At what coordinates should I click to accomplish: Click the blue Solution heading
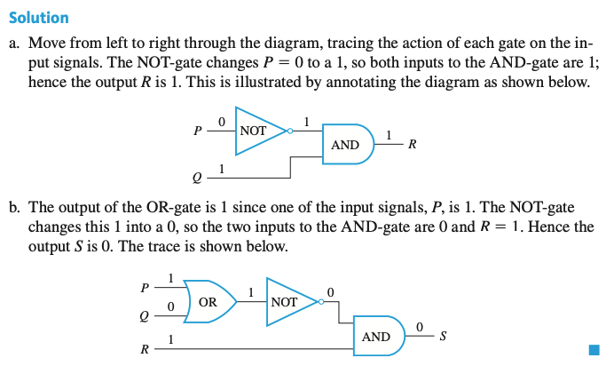coord(38,17)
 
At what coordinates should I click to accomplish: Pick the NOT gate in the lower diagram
coord(287,302)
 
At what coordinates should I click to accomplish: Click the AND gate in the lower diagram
coord(377,337)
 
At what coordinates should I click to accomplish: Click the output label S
coord(443,337)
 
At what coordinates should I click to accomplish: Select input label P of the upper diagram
coord(197,131)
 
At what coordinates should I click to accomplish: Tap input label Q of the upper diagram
coord(197,178)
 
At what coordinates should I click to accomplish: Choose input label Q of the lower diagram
coord(144,315)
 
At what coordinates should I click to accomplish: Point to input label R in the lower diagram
coord(144,349)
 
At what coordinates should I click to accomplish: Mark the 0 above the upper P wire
coord(221,120)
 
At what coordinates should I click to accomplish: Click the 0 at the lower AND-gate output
coord(420,327)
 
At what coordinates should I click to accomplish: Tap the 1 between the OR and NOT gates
coord(251,291)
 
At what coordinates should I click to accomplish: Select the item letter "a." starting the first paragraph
coord(15,43)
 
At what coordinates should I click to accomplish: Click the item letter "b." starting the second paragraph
coord(16,207)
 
